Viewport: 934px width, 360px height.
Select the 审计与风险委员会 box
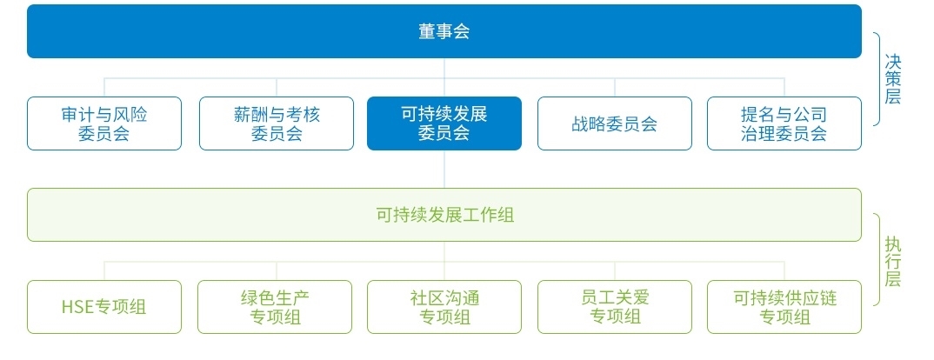point(104,123)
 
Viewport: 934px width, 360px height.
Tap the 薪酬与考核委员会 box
point(277,123)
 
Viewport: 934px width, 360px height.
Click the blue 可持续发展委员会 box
point(444,123)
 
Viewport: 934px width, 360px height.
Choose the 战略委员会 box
point(615,123)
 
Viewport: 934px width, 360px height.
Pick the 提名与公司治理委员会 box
point(784,123)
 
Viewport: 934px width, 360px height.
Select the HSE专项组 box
point(104,307)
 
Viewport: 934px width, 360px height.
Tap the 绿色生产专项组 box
point(275,307)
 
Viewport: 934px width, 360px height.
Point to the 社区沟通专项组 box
point(444,307)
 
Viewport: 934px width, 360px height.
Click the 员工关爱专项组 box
point(615,307)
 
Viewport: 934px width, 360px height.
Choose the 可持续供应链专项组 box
point(784,307)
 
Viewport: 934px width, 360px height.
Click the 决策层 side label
point(893,79)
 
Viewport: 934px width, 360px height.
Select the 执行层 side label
point(893,259)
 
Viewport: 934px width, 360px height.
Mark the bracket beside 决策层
point(877,79)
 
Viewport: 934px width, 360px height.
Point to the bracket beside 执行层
point(877,259)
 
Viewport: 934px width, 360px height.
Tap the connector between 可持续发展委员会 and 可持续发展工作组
point(444,169)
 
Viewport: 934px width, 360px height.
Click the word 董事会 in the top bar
point(444,32)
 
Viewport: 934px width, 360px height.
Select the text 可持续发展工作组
point(444,215)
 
